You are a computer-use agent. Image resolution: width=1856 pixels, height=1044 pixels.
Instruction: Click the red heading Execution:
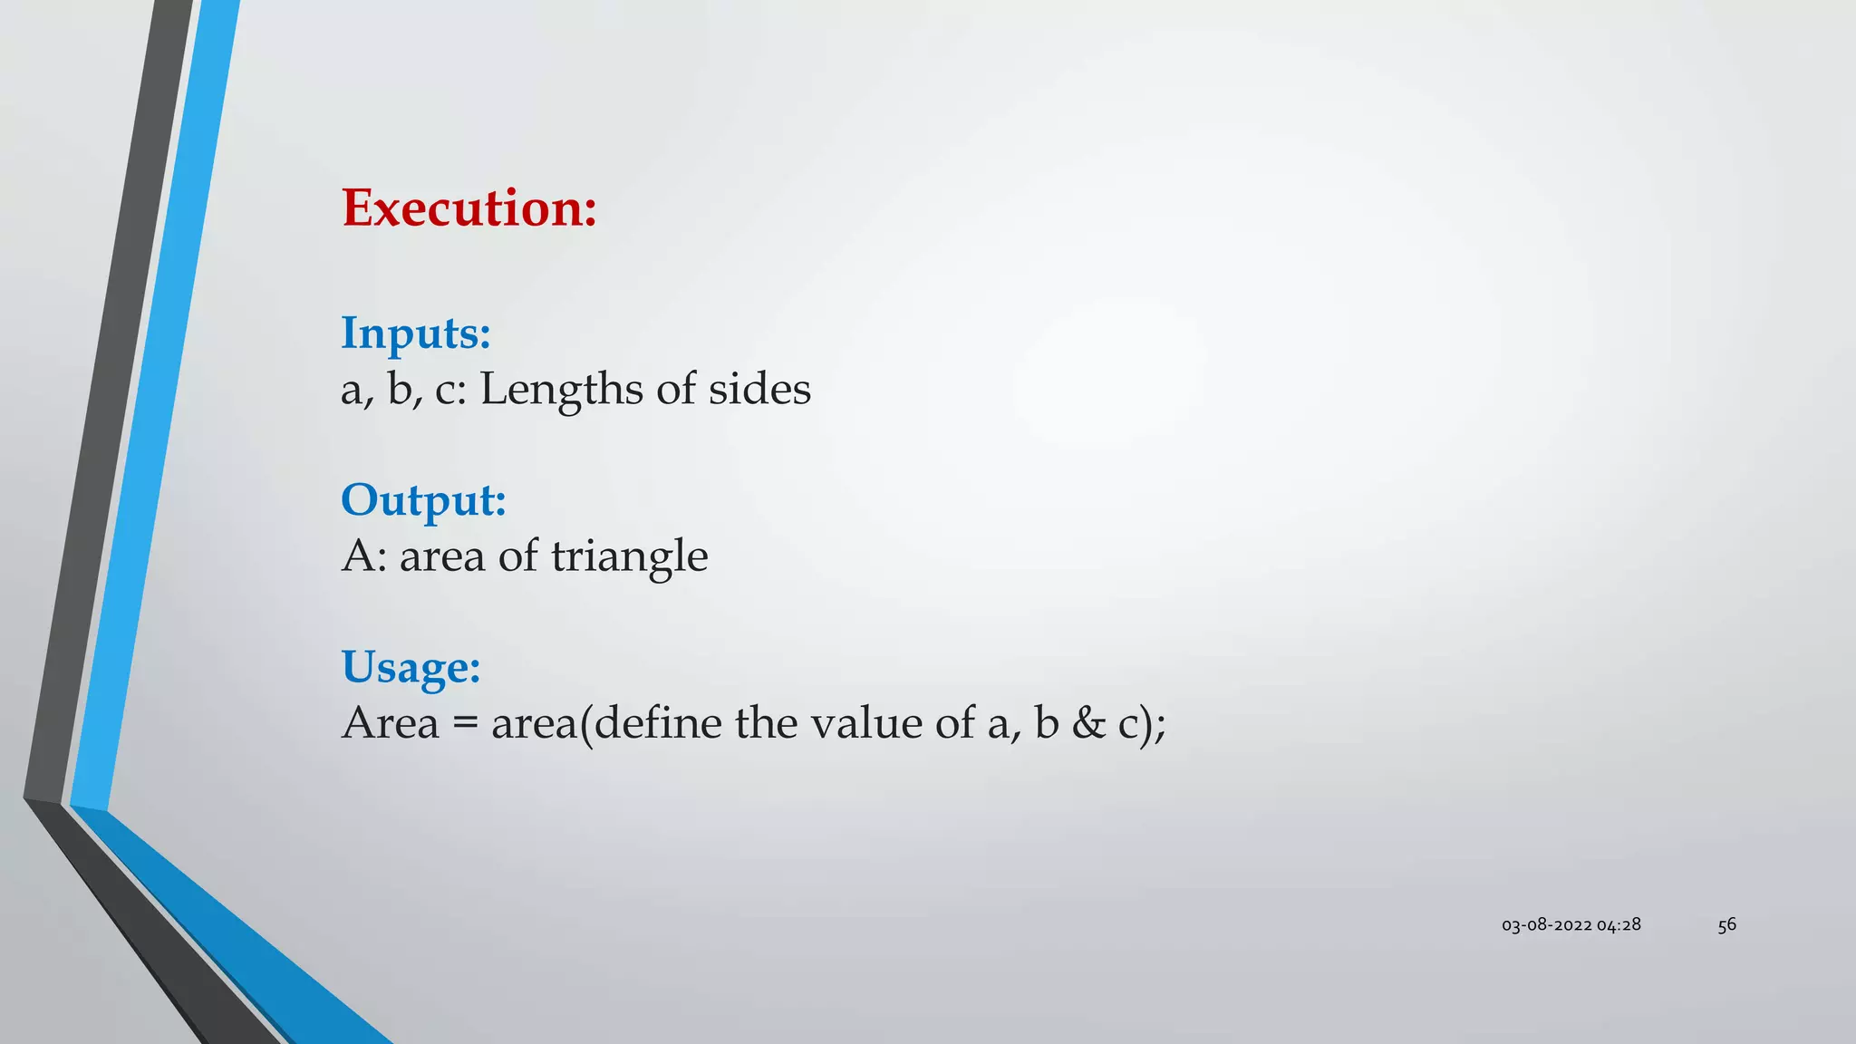tap(469, 208)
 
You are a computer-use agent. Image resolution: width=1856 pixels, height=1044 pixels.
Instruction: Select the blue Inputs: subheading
tap(416, 333)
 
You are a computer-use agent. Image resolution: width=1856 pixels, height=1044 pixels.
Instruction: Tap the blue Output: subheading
tap(423, 499)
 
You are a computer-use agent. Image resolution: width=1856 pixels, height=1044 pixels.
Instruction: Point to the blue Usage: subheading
tap(411, 667)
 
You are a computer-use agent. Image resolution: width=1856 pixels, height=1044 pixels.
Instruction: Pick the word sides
tap(759, 390)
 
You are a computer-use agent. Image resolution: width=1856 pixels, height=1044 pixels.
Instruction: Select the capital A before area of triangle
tap(359, 556)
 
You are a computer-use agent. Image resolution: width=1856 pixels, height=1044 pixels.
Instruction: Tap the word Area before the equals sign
tap(390, 723)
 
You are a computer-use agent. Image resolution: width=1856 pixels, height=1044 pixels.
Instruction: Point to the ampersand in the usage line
tap(1088, 723)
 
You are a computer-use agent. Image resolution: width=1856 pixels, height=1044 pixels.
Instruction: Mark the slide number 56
tap(1726, 925)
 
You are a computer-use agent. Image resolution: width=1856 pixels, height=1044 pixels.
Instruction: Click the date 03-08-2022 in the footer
tap(1546, 925)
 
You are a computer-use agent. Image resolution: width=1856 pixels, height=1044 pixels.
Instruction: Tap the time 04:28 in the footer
tap(1619, 925)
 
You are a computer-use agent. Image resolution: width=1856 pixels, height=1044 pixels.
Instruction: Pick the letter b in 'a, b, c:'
tap(399, 390)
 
